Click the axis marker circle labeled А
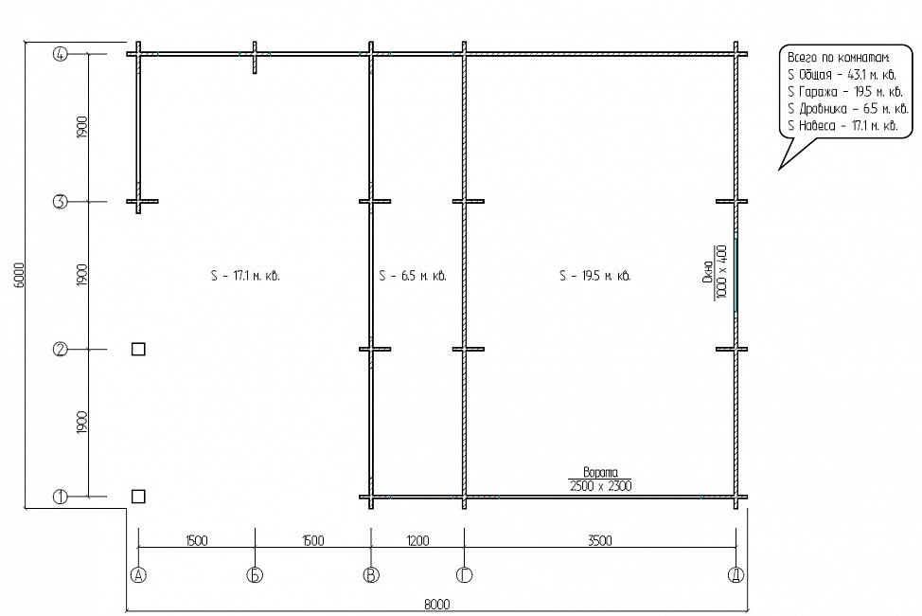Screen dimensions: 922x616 [138, 575]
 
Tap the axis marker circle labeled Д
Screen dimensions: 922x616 [736, 575]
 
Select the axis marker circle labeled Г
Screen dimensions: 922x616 [465, 575]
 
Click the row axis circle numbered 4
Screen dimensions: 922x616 [61, 54]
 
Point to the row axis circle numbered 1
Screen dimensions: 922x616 [61, 497]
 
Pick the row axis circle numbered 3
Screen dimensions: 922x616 [61, 202]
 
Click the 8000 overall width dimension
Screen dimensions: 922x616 [437, 605]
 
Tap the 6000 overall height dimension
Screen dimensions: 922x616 [18, 275]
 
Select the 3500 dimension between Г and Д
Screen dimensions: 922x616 [600, 540]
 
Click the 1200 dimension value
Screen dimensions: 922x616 [417, 540]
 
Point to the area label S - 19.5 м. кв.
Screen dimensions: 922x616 [595, 276]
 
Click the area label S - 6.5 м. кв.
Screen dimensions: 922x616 [413, 276]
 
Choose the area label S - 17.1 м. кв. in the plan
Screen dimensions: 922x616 [245, 276]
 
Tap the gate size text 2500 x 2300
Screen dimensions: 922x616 [600, 486]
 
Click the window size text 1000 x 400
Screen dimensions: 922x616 [722, 271]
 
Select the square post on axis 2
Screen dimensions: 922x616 [138, 349]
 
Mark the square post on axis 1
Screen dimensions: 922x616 [138, 497]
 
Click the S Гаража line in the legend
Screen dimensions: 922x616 [845, 92]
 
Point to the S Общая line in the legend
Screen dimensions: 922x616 [842, 75]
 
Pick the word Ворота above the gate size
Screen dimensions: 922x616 [600, 472]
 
